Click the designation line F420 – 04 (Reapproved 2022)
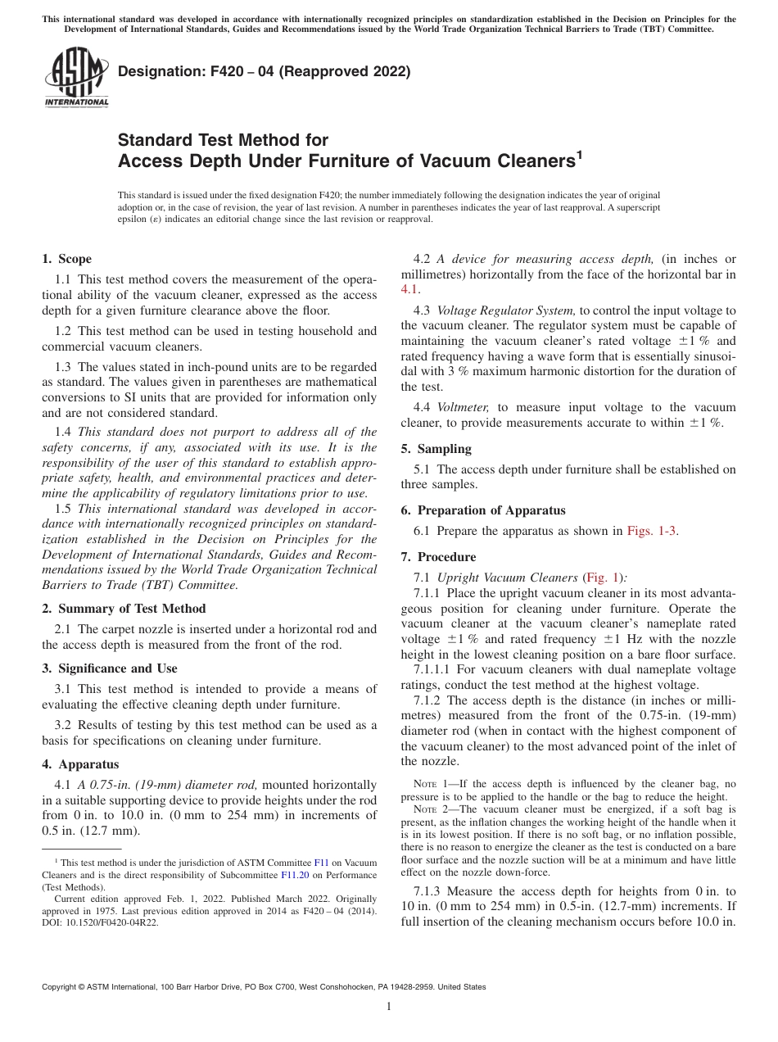tap(264, 72)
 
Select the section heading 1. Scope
tap(66, 259)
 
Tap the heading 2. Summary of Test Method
tap(124, 609)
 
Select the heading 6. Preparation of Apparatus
tap(482, 510)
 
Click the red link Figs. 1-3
tap(652, 531)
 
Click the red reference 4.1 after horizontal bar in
tap(409, 289)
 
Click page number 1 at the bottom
tap(389, 1007)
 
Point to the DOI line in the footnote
tap(101, 922)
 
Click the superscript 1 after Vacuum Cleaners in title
tap(579, 153)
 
